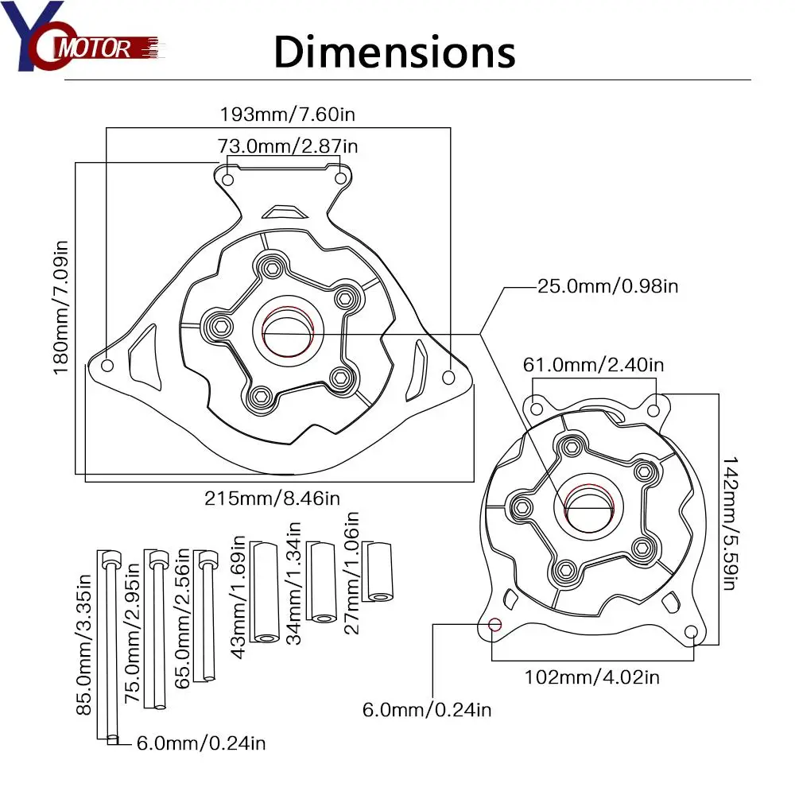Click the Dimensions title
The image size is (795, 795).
click(394, 53)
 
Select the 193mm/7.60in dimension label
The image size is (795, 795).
click(287, 114)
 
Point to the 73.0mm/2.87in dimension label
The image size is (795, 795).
click(287, 146)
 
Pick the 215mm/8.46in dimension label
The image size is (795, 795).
click(273, 498)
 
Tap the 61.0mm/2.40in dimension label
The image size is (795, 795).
click(593, 365)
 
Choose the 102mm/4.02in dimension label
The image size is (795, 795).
click(591, 677)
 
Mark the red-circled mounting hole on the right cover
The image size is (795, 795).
click(494, 623)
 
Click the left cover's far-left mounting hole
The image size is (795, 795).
click(108, 366)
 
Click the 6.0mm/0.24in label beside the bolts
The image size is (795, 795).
click(201, 743)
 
